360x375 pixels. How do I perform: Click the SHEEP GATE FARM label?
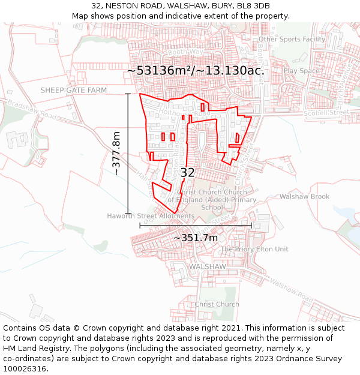pyautogui.click(x=73, y=90)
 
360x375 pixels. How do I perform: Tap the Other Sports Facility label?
pyautogui.click(x=292, y=40)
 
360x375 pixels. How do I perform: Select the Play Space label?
pyautogui.click(x=302, y=71)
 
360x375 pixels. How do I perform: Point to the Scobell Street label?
pyautogui.click(x=326, y=112)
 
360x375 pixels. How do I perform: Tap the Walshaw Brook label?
pyautogui.click(x=304, y=197)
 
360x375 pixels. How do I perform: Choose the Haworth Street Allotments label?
pyautogui.click(x=151, y=216)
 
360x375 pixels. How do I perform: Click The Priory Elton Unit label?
pyautogui.click(x=254, y=249)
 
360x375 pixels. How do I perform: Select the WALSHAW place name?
pyautogui.click(x=207, y=266)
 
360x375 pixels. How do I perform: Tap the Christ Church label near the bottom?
pyautogui.click(x=217, y=304)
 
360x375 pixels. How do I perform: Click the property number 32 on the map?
pyautogui.click(x=187, y=172)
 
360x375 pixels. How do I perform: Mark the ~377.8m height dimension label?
pyautogui.click(x=116, y=153)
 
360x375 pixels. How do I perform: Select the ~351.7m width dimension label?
pyautogui.click(x=196, y=238)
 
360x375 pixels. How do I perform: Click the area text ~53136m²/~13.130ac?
pyautogui.click(x=196, y=70)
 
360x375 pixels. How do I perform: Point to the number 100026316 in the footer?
pyautogui.click(x=26, y=369)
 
